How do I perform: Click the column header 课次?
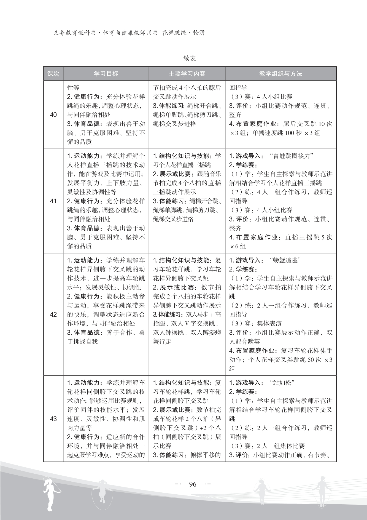coord(53,74)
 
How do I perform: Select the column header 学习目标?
coord(106,74)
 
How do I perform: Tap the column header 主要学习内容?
coord(187,74)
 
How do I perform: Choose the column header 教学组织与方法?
coord(280,74)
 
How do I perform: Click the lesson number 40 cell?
coord(53,115)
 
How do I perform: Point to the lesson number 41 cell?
coord(53,201)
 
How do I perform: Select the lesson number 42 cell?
coord(53,314)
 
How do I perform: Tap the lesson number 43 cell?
coord(53,419)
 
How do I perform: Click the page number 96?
coord(193,484)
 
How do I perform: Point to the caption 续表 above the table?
coord(190,58)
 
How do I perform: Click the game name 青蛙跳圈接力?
coord(292,156)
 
